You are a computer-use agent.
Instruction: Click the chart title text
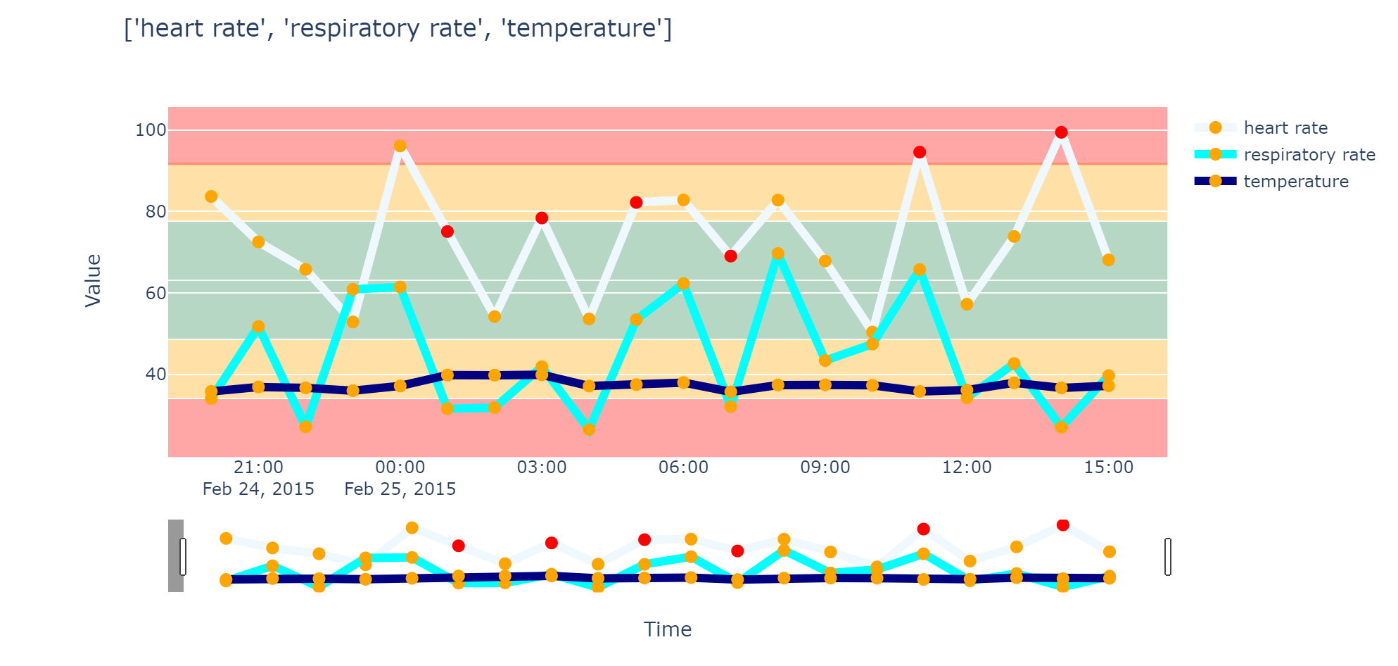tap(398, 29)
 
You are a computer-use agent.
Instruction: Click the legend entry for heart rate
tap(1285, 128)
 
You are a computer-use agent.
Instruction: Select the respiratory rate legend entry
tap(1309, 155)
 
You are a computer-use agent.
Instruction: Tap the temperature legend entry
tap(1295, 182)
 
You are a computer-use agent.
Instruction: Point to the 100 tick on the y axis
tap(151, 130)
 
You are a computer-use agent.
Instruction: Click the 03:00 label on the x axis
tap(541, 467)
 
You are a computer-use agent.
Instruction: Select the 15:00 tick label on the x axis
tap(1108, 467)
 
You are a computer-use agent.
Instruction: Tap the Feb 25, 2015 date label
tap(400, 489)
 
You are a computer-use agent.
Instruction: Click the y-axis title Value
tap(93, 280)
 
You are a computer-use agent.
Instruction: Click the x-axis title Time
tap(667, 629)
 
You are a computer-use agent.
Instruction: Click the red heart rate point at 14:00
tap(1061, 132)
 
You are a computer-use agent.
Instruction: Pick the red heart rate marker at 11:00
tap(920, 152)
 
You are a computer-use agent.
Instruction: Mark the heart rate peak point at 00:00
tap(400, 146)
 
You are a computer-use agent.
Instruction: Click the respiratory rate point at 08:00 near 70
tap(777, 253)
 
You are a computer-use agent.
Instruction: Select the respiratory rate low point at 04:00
tap(589, 429)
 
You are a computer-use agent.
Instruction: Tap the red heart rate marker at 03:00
tap(541, 218)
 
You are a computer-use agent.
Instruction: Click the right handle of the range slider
tap(1168, 557)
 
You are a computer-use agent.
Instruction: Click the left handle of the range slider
tap(183, 557)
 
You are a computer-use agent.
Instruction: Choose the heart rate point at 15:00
tap(1108, 260)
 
